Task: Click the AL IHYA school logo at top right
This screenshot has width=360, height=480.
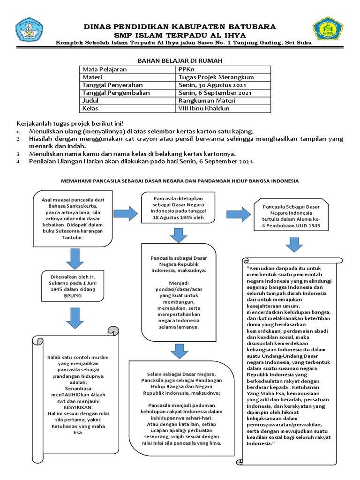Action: click(329, 30)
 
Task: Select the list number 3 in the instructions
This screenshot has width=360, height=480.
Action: click(19, 154)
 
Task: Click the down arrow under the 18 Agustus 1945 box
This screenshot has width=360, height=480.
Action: click(179, 235)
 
